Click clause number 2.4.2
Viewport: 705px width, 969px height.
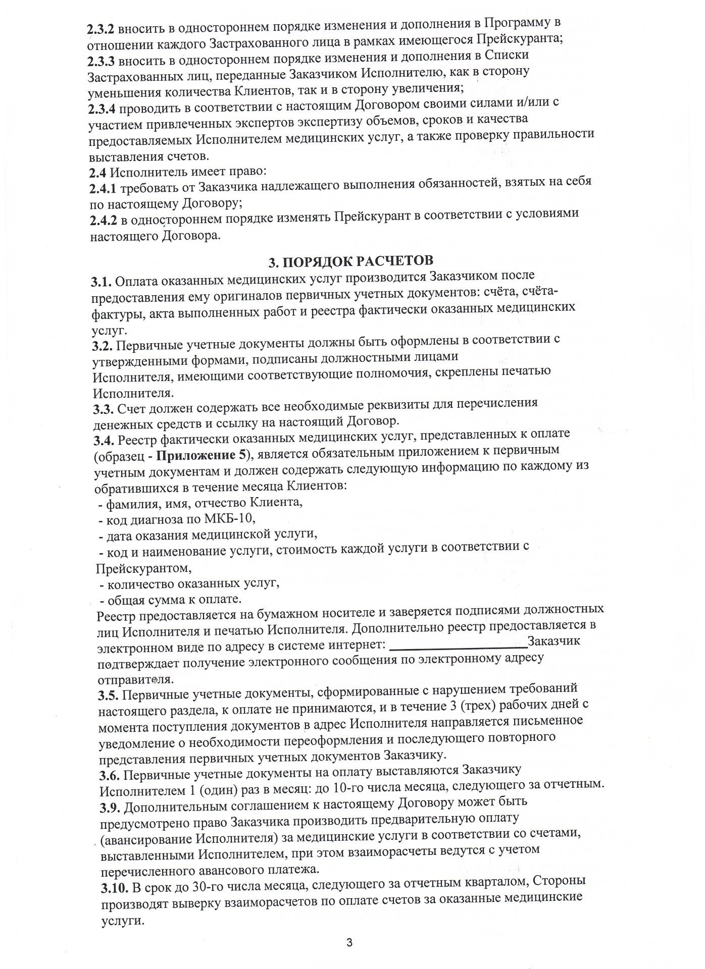tap(104, 220)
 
